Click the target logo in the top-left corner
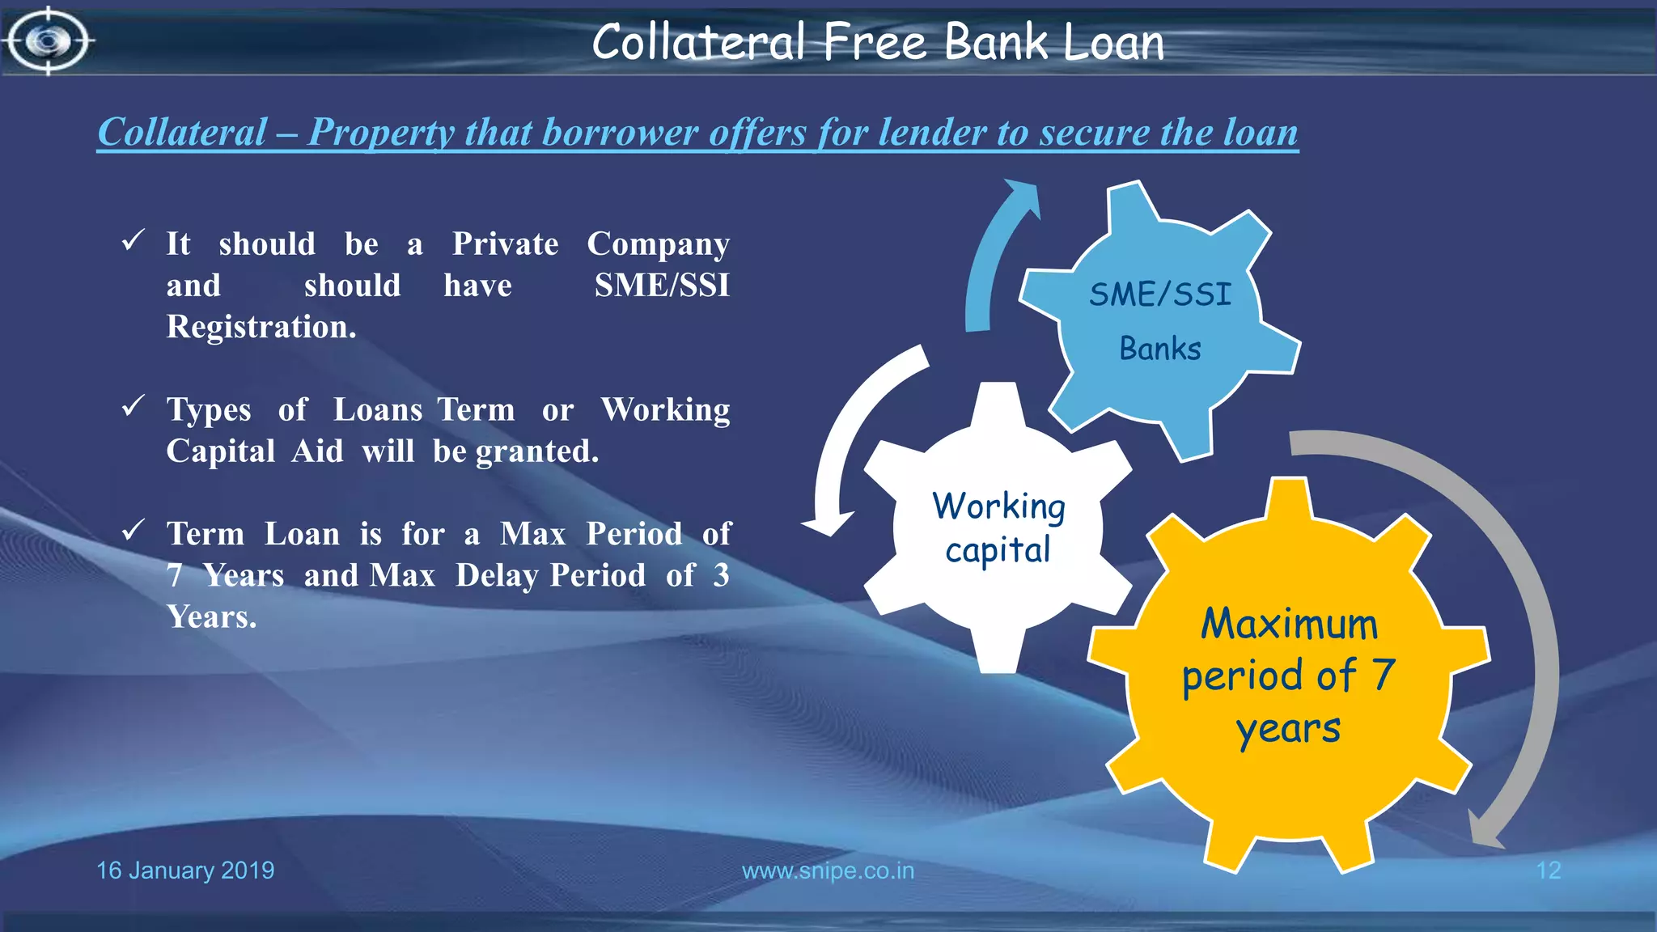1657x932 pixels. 49,40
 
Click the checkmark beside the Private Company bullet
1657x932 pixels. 133,240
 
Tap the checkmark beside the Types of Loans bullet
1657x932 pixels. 133,406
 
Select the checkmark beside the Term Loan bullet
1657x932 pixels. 133,531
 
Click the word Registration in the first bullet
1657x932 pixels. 261,327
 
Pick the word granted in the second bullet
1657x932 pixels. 536,451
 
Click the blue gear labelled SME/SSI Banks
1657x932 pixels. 1159,320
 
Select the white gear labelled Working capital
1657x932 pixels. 998,527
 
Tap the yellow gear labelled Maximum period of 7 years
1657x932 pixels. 1288,676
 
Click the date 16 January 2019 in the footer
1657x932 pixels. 185,871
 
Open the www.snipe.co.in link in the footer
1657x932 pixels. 828,871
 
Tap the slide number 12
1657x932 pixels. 1548,871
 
